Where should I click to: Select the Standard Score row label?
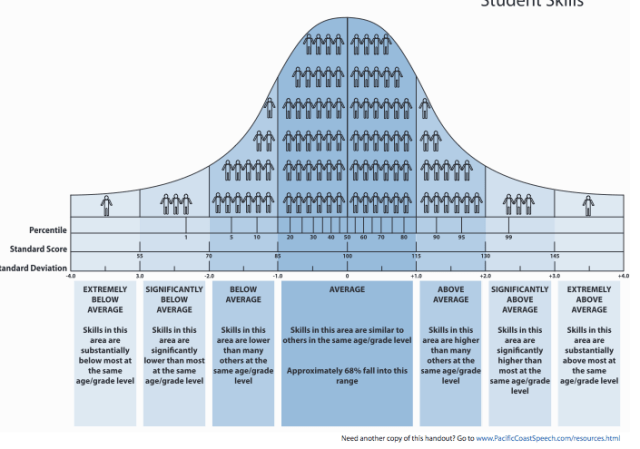tap(39, 249)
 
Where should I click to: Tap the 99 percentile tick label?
tap(508, 237)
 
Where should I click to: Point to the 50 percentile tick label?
tap(347, 237)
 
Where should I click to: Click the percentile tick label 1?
tap(186, 237)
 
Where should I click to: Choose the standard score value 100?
tap(347, 256)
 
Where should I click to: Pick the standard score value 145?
tap(554, 256)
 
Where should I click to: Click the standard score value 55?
tap(140, 256)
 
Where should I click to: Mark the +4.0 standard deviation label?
tap(623, 275)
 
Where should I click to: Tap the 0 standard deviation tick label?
tap(347, 275)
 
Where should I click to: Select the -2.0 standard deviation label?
tap(209, 275)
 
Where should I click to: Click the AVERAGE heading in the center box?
tap(347, 289)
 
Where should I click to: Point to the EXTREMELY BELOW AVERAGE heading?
tap(106, 299)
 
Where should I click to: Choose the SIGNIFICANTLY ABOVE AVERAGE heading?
tap(519, 299)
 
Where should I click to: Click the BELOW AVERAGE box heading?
tap(243, 294)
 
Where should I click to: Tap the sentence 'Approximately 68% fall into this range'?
tap(347, 375)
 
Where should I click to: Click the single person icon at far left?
tap(106, 204)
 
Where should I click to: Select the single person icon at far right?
tap(589, 204)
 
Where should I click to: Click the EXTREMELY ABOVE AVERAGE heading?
tap(589, 299)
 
